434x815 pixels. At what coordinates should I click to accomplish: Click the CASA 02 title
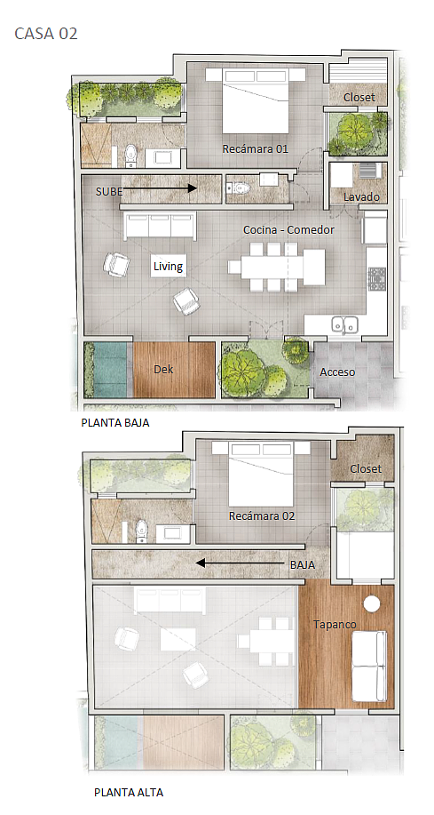[46, 34]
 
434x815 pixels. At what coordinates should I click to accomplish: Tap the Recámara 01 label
[255, 149]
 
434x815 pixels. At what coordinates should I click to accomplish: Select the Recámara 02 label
[262, 516]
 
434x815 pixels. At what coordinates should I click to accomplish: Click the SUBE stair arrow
[160, 188]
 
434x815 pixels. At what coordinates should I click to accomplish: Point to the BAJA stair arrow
[240, 563]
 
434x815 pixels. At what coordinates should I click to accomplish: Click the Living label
[169, 267]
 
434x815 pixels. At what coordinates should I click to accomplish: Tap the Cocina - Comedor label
[288, 229]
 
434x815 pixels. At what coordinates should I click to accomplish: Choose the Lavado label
[361, 197]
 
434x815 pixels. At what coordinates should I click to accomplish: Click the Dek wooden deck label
[163, 370]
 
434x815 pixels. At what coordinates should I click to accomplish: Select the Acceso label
[337, 372]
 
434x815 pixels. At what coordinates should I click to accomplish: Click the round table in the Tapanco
[372, 604]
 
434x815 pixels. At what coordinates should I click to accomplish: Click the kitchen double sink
[344, 325]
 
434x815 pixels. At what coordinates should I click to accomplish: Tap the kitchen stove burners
[377, 279]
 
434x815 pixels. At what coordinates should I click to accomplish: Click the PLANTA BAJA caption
[115, 422]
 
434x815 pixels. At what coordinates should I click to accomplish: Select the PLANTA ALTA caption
[129, 793]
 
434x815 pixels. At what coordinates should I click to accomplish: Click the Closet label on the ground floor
[359, 98]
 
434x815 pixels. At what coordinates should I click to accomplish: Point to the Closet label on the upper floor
[366, 468]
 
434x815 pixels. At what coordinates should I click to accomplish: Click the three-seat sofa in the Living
[160, 226]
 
